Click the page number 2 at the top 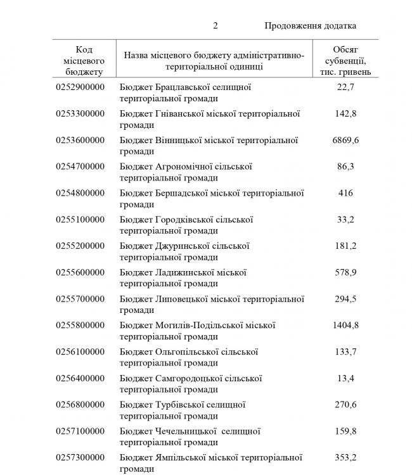point(216,26)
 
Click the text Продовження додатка point(310,26)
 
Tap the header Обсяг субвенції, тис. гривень point(345,60)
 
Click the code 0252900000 point(80,87)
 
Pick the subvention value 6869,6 point(345,140)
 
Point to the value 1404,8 point(345,325)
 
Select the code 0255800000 point(80,325)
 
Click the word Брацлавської point(181,87)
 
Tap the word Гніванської point(181,114)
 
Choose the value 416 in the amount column point(345,193)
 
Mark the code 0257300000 point(80,457)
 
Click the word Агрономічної point(184,167)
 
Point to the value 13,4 point(345,378)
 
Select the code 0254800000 point(80,193)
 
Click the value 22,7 point(345,87)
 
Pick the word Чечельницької point(186,431)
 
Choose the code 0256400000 point(80,378)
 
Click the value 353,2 point(345,457)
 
